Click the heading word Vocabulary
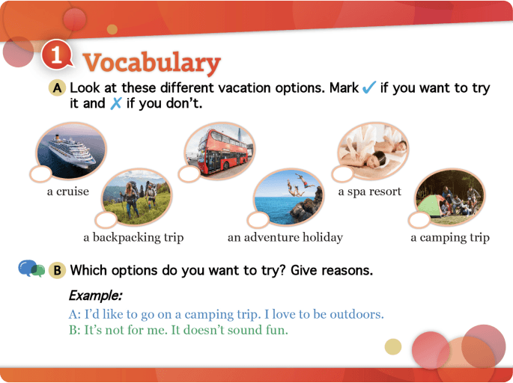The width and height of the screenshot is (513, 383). [151, 62]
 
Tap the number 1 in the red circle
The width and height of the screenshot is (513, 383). [57, 57]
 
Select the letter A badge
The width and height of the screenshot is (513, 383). [57, 88]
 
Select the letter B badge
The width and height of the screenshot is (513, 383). [57, 270]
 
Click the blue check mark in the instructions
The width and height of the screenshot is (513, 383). [368, 88]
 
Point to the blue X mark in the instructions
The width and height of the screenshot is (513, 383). [115, 104]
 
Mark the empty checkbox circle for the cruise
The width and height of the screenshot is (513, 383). [40, 174]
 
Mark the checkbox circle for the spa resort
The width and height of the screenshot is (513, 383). [342, 174]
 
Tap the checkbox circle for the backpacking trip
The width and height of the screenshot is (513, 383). [106, 219]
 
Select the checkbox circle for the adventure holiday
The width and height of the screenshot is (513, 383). [258, 219]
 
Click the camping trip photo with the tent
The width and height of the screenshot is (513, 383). [447, 194]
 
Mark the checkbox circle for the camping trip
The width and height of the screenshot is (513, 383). [419, 220]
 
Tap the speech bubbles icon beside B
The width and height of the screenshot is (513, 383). [31, 269]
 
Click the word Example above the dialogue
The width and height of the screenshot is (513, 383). [95, 294]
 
